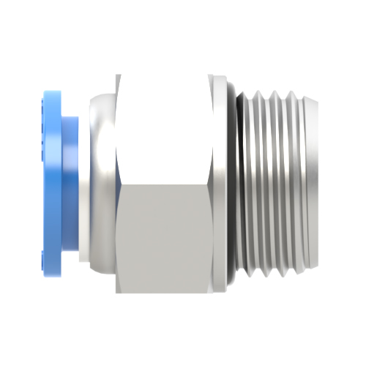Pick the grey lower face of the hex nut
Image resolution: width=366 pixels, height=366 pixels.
[164, 234]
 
